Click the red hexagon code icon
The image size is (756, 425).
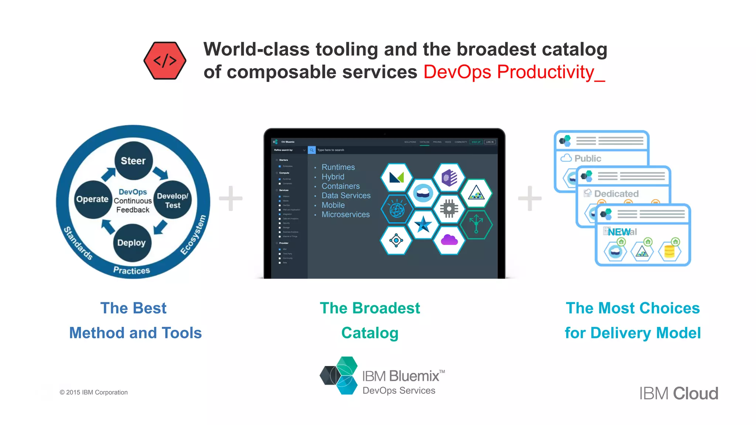pyautogui.click(x=165, y=61)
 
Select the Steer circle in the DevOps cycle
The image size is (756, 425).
pyautogui.click(x=133, y=160)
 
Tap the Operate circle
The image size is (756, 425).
pyautogui.click(x=92, y=199)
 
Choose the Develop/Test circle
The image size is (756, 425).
pyautogui.click(x=172, y=200)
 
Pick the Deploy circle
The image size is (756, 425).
pyautogui.click(x=132, y=242)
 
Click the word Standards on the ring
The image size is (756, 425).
pyautogui.click(x=78, y=243)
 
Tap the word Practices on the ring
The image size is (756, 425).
pyautogui.click(x=131, y=270)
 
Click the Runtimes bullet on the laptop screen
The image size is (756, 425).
pyautogui.click(x=338, y=167)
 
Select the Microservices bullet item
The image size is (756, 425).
pyautogui.click(x=345, y=214)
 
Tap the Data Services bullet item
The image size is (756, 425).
pyautogui.click(x=346, y=196)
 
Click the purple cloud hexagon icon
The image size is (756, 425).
pyautogui.click(x=449, y=240)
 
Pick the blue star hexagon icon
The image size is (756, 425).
pyautogui.click(x=423, y=224)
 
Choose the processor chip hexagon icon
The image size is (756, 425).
pyautogui.click(x=449, y=209)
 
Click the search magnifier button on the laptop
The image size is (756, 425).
pyautogui.click(x=312, y=150)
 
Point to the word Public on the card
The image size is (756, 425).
pyautogui.click(x=588, y=158)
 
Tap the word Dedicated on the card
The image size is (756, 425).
pyautogui.click(x=616, y=194)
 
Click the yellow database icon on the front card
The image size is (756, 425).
pyautogui.click(x=669, y=251)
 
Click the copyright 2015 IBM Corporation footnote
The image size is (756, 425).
pyautogui.click(x=94, y=392)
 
